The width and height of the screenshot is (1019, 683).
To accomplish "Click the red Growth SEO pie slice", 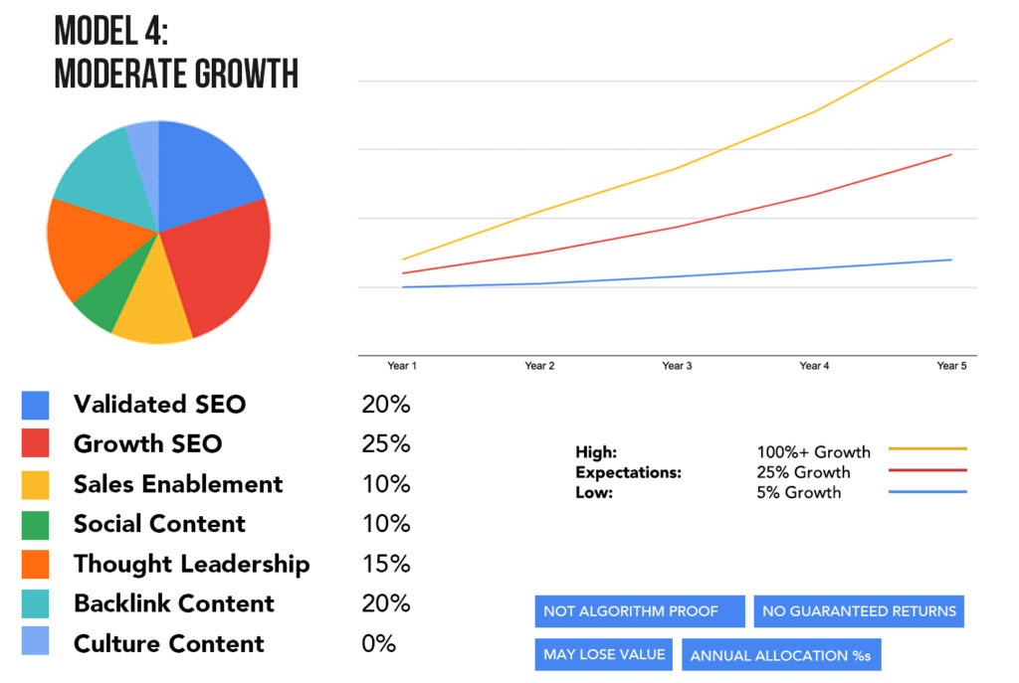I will tap(221, 268).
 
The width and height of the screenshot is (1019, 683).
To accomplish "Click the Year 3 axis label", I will tap(677, 367).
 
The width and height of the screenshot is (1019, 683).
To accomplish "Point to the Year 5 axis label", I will tap(951, 367).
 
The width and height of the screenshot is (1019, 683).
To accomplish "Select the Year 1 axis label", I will tap(402, 367).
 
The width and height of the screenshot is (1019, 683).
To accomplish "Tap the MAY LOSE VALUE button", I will tap(604, 655).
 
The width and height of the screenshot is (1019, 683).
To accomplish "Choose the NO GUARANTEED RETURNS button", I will tap(859, 611).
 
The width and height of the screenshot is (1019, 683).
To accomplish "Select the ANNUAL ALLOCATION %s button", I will tap(781, 656).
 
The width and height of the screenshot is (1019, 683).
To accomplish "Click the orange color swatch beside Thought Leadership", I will tap(35, 565).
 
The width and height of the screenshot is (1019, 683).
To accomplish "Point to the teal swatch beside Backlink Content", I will tap(35, 604).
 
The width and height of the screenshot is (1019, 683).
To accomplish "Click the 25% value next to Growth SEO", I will tap(385, 444).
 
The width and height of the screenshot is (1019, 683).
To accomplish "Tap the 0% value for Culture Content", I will tap(378, 644).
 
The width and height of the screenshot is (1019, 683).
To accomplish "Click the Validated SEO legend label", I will tap(159, 405).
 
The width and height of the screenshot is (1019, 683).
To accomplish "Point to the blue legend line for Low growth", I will tap(927, 492).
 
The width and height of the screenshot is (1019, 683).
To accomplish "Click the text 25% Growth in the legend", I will tap(803, 472).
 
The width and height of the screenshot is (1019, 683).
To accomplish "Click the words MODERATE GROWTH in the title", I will tap(176, 75).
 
